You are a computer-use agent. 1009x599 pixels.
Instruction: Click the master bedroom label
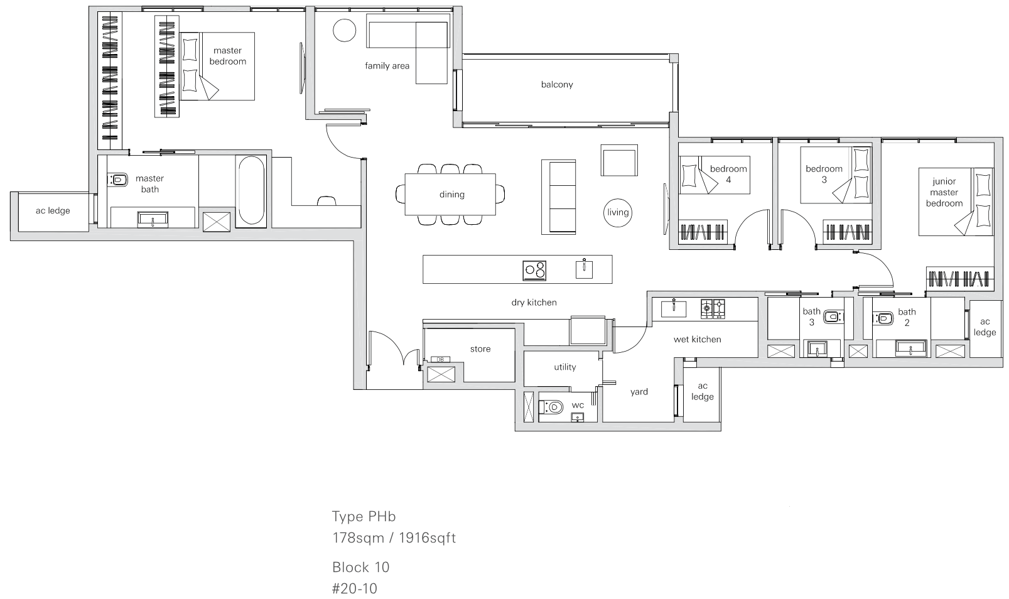pos(227,56)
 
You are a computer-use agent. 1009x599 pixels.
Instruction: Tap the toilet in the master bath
pos(117,180)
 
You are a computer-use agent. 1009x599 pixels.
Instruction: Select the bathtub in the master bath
pos(251,190)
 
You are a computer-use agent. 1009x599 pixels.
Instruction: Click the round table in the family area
pos(345,31)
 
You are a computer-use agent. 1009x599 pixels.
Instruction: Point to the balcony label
pos(557,84)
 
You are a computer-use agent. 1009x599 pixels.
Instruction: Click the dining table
pos(450,194)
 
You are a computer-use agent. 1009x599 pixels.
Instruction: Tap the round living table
pos(618,213)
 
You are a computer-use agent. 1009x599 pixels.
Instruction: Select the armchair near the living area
pos(619,160)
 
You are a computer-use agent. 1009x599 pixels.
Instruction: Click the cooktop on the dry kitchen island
pos(534,270)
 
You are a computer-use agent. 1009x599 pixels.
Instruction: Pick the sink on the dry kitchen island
pos(584,269)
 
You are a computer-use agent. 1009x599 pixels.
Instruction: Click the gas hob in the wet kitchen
pos(713,309)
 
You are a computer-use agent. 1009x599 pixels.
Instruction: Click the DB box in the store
pos(440,359)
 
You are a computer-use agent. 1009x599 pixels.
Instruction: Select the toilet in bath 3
pos(833,317)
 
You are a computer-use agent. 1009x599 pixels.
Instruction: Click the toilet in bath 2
pos(883,319)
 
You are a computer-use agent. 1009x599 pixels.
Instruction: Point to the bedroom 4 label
pos(728,174)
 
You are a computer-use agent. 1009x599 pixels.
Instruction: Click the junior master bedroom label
pos(944,192)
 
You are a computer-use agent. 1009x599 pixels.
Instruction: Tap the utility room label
pos(565,367)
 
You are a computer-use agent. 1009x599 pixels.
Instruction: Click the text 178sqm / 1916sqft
pos(394,537)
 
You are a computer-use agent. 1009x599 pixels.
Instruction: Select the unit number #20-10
pos(355,588)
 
